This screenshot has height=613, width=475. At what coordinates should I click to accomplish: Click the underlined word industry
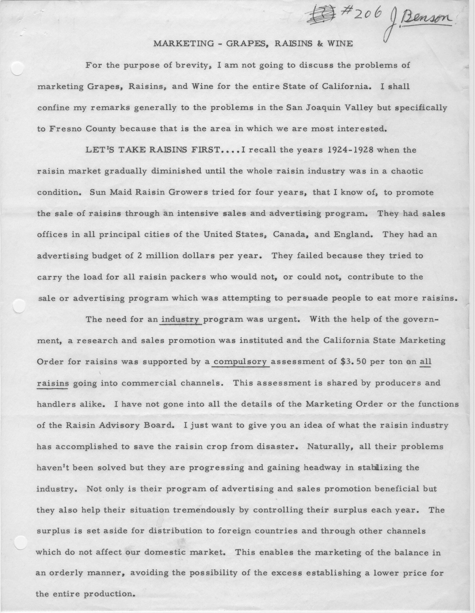point(181,319)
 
